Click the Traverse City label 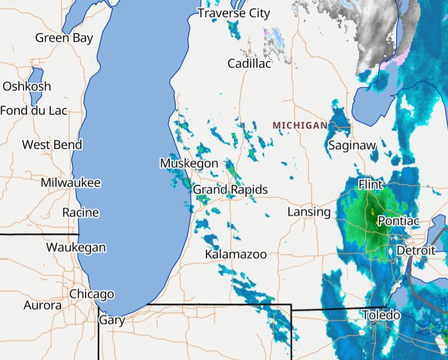tap(233, 13)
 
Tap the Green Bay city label tap(64, 38)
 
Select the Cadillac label tap(249, 63)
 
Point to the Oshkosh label tap(27, 87)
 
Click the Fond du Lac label tap(34, 111)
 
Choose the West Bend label tap(52, 145)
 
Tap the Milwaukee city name tap(71, 183)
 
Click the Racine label tap(80, 213)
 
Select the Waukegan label tap(76, 248)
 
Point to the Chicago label tap(91, 294)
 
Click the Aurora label tap(43, 306)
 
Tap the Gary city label tap(111, 320)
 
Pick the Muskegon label tap(189, 164)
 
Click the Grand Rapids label tap(230, 189)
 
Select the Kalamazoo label tap(236, 254)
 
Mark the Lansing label tap(309, 212)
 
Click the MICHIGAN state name tap(300, 126)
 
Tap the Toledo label tap(381, 315)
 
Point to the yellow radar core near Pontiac tap(372, 212)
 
